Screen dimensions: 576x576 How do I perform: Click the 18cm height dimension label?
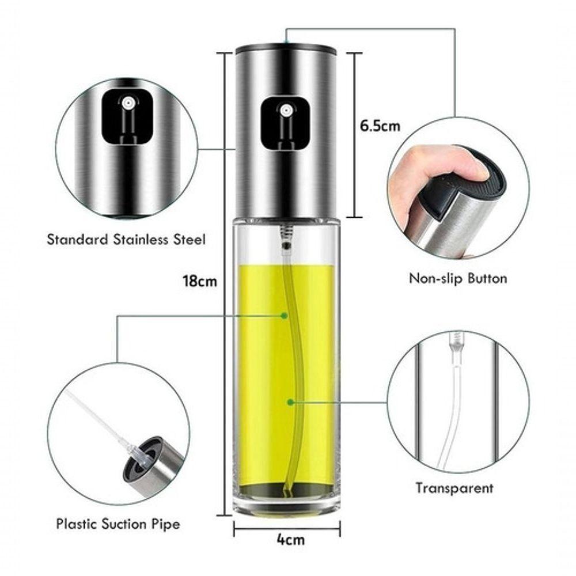(199, 282)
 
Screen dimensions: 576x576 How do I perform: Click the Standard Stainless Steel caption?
(126, 240)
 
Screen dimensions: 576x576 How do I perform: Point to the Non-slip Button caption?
(458, 279)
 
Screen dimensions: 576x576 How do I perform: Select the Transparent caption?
(455, 488)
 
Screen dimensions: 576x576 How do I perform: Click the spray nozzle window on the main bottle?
(285, 122)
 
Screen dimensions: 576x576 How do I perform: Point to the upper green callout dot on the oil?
(285, 315)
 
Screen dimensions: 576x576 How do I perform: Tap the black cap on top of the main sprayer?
(286, 48)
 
